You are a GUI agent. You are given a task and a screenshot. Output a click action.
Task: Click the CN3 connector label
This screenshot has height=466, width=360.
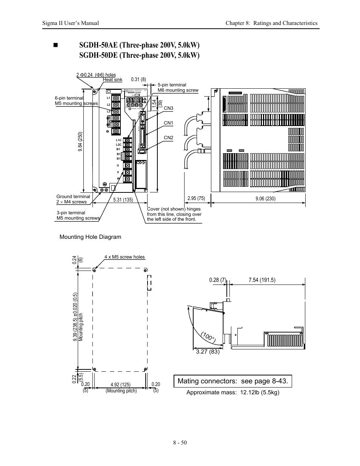click(x=168, y=108)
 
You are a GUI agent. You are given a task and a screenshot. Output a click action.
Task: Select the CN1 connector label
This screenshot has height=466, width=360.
click(x=168, y=123)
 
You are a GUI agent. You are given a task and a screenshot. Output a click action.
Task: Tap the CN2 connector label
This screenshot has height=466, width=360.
click(x=168, y=138)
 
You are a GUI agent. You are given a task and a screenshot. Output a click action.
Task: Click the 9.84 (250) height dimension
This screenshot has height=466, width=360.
click(x=80, y=141)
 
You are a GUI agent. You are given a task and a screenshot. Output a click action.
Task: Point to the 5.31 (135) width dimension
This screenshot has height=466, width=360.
click(x=123, y=200)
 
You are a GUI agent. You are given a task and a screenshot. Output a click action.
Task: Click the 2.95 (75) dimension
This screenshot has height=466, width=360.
click(x=196, y=198)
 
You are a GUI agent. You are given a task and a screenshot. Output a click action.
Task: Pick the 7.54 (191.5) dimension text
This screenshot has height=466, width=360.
click(x=262, y=280)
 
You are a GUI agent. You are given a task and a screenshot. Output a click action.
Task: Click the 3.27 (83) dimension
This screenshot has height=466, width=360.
click(x=208, y=352)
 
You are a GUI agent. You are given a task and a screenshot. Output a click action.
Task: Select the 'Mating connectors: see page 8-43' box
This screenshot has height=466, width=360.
click(x=233, y=381)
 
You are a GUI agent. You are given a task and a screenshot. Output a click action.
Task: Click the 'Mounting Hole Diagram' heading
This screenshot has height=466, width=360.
click(x=91, y=237)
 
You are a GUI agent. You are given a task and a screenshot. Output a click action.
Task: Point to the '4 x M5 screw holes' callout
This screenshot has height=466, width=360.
click(x=125, y=257)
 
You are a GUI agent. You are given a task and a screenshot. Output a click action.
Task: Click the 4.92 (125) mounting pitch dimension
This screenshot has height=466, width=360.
click(x=121, y=385)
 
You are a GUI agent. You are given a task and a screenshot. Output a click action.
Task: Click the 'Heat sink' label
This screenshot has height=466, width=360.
click(x=112, y=80)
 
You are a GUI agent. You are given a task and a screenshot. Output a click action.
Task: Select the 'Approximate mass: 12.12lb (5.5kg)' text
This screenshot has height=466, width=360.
click(x=233, y=392)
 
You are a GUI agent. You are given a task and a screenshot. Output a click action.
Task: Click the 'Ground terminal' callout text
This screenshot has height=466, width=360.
click(x=73, y=197)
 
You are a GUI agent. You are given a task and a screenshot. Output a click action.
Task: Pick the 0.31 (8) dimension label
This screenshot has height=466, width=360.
click(x=138, y=80)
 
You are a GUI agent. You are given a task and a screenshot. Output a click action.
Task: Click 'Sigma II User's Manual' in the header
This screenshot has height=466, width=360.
click(x=71, y=23)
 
